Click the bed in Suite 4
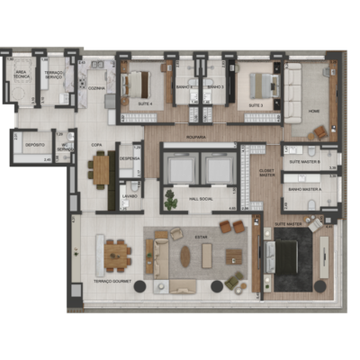coord(139,85)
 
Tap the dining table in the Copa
coord(101,167)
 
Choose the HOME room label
coord(313,110)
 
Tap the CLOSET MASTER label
coord(266,174)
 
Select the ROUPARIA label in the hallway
coord(196,137)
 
